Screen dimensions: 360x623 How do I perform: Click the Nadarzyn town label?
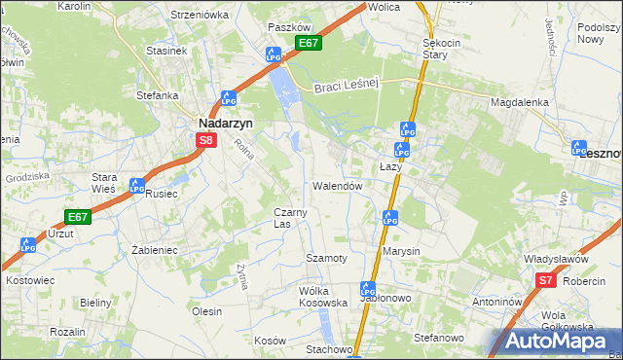pyautogui.click(x=227, y=124)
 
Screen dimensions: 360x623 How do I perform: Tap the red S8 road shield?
pyautogui.click(x=205, y=141)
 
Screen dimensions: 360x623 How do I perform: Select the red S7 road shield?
pyautogui.click(x=546, y=281)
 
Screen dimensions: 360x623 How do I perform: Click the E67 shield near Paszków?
pyautogui.click(x=309, y=44)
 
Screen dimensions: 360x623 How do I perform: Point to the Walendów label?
pyautogui.click(x=338, y=186)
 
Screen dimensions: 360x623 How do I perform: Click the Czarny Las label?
pyautogui.click(x=291, y=218)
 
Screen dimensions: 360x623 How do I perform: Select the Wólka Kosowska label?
pyautogui.click(x=323, y=297)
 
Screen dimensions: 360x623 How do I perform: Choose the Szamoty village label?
pyautogui.click(x=326, y=258)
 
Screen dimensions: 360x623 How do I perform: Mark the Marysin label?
pyautogui.click(x=401, y=251)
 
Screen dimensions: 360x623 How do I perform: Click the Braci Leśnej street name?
pyautogui.click(x=345, y=88)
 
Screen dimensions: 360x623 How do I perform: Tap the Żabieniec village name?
pyautogui.click(x=154, y=250)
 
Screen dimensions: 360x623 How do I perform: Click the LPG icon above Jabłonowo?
pyautogui.click(x=368, y=289)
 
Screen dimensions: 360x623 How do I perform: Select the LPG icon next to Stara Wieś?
pyautogui.click(x=138, y=186)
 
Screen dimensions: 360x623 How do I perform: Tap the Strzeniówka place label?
pyautogui.click(x=199, y=15)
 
